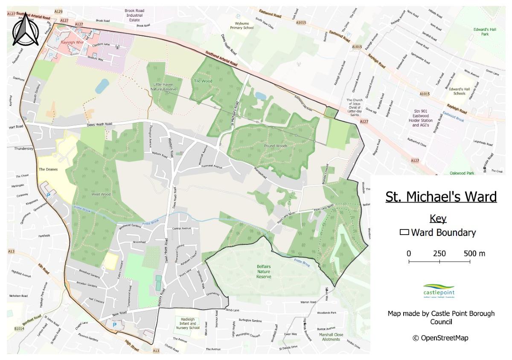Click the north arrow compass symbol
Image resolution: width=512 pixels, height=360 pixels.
(x=25, y=29)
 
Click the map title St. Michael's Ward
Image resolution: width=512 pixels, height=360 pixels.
(x=441, y=197)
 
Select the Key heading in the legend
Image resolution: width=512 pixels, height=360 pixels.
(x=438, y=219)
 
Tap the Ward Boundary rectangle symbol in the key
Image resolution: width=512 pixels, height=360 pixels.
(x=404, y=233)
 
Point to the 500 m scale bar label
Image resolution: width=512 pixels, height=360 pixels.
(x=474, y=253)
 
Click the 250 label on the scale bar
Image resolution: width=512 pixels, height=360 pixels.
(x=439, y=253)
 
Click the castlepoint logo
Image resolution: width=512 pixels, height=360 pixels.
(x=439, y=291)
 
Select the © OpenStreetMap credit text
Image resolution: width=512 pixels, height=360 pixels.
(x=441, y=338)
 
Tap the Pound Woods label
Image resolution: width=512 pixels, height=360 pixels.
(x=276, y=146)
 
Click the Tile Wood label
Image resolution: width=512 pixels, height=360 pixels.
(x=203, y=81)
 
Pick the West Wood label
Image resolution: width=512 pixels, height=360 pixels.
(x=101, y=195)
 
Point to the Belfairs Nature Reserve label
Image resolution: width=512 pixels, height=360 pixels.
(x=264, y=271)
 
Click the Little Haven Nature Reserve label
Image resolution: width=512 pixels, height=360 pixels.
(x=165, y=87)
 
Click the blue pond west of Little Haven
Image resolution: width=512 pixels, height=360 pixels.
(x=102, y=86)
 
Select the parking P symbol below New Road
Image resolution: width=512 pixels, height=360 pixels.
(x=114, y=325)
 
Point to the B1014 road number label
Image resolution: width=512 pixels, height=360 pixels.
(x=19, y=329)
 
